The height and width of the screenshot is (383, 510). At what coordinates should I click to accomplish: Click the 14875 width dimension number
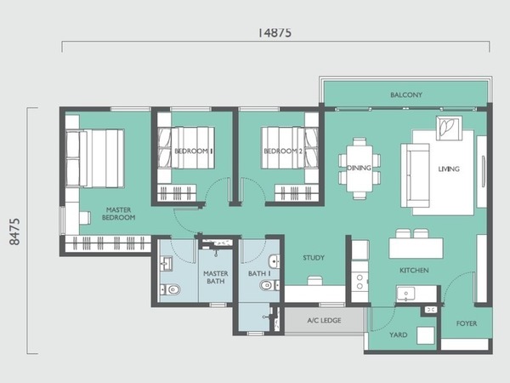tap(275, 32)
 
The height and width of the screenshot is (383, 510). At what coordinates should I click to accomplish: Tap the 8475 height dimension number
tap(15, 232)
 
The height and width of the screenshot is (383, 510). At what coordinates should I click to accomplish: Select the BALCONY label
tap(406, 94)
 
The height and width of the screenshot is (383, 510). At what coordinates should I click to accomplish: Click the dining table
tap(360, 169)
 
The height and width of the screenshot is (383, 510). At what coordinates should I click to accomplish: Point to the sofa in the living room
tap(415, 175)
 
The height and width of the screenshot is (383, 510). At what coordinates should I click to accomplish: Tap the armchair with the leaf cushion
tap(449, 128)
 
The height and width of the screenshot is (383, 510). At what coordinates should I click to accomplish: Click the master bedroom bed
tap(95, 158)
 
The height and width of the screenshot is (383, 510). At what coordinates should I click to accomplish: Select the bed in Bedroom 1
tap(185, 148)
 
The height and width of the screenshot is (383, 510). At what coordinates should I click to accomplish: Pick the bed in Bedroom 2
tap(290, 148)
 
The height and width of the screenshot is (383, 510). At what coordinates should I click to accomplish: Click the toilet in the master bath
tap(171, 289)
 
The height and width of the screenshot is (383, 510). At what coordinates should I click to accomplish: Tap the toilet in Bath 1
tap(269, 286)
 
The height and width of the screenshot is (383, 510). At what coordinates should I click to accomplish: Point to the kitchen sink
tap(405, 294)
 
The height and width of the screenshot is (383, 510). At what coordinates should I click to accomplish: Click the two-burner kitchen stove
tap(360, 282)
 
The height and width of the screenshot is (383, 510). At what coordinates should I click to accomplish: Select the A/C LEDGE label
tap(325, 321)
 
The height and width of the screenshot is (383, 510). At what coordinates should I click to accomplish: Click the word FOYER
tap(467, 323)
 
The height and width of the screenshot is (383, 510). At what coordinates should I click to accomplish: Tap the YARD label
tap(399, 334)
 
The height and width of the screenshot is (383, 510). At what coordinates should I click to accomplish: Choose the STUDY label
tap(314, 258)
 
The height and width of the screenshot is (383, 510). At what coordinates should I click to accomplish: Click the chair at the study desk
tap(314, 281)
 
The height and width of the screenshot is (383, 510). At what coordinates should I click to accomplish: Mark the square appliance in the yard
tap(426, 336)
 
